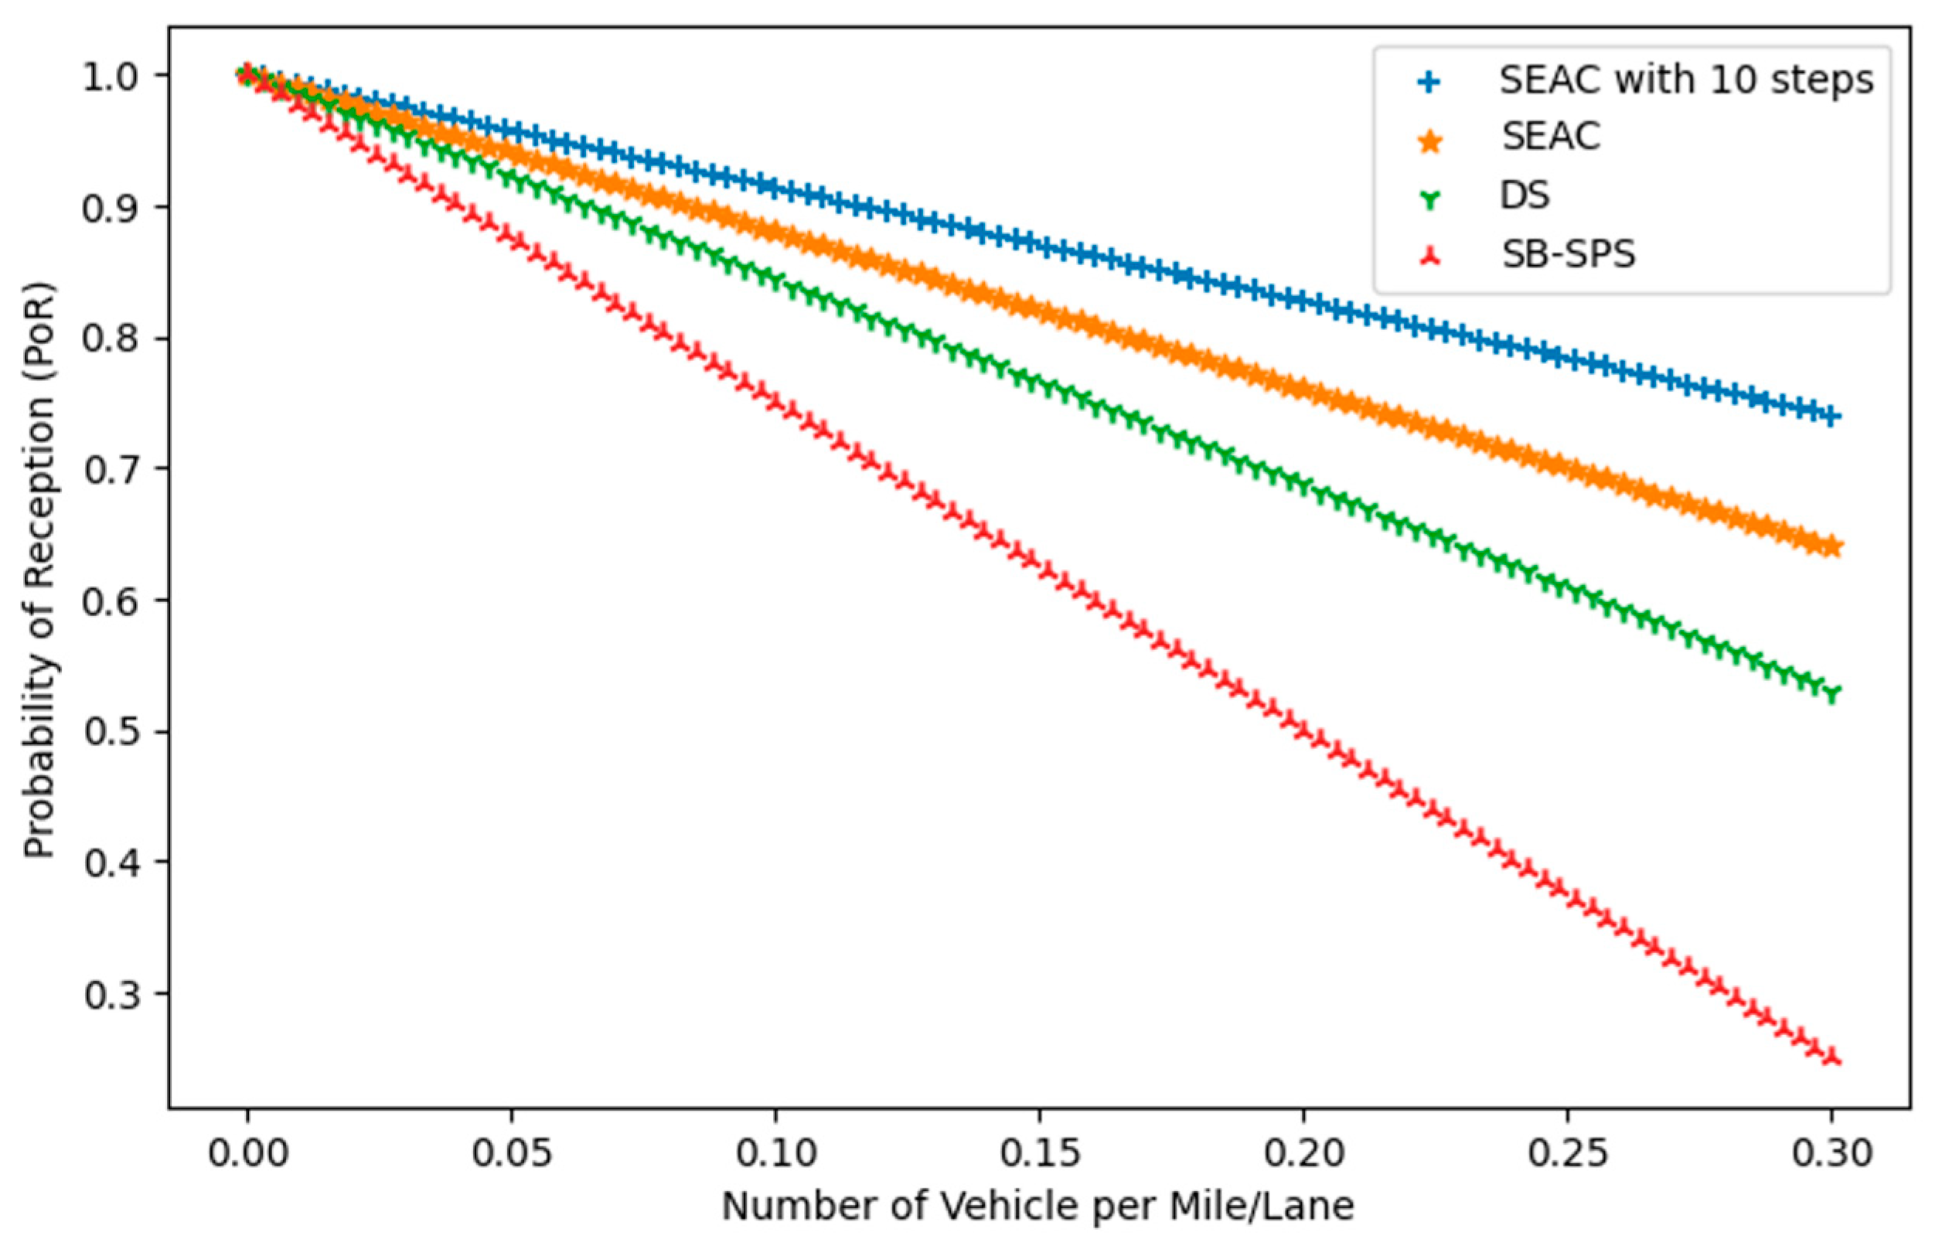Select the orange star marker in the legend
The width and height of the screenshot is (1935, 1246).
pyautogui.click(x=1430, y=141)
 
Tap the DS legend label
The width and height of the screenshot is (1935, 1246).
pyautogui.click(x=1524, y=195)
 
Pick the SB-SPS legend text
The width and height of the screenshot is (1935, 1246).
pyautogui.click(x=1569, y=254)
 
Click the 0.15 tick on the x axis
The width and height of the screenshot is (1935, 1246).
pyautogui.click(x=1039, y=1153)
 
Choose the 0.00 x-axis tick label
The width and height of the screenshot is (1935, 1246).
pyautogui.click(x=247, y=1153)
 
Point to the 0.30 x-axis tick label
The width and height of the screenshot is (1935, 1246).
pyautogui.click(x=1831, y=1153)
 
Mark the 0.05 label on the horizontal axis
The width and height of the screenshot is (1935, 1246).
pyautogui.click(x=512, y=1153)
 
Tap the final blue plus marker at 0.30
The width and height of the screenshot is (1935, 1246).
pyautogui.click(x=1831, y=417)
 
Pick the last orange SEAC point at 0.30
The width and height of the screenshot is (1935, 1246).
pyautogui.click(x=1831, y=548)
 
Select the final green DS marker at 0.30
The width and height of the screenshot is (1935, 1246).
pyautogui.click(x=1831, y=694)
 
